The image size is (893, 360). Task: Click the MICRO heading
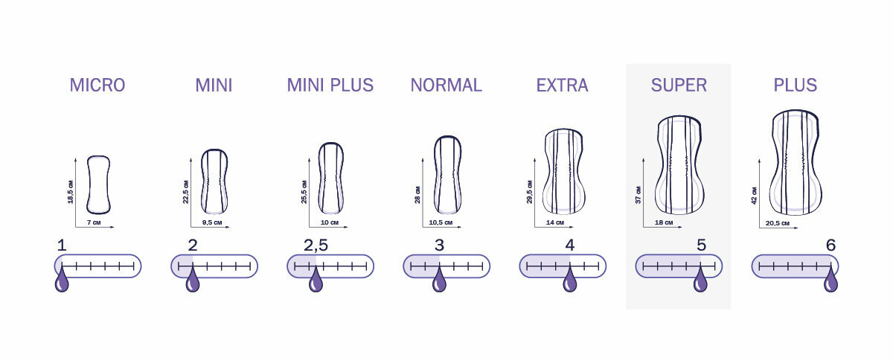[97, 86]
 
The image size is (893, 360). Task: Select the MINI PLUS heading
[330, 86]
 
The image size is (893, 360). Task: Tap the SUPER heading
[679, 86]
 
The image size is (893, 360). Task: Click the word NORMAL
[446, 86]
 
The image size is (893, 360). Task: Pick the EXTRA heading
[562, 86]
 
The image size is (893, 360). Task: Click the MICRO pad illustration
[98, 184]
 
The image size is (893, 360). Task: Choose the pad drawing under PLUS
[796, 164]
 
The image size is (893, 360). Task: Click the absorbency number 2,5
[316, 245]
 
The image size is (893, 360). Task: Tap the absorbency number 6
[830, 245]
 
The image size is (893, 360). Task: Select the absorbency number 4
[570, 245]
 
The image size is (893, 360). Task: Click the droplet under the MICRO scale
[63, 280]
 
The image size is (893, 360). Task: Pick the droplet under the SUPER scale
[700, 280]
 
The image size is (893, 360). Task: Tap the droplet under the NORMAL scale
[439, 280]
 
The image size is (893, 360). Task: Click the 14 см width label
[554, 222]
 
